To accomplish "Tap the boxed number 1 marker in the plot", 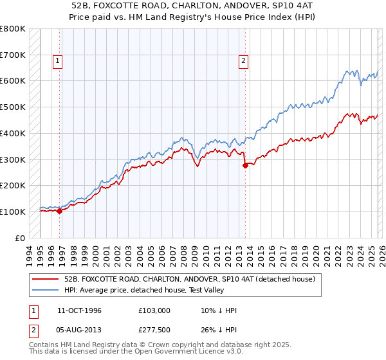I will [58, 61].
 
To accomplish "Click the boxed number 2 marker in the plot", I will [244, 61].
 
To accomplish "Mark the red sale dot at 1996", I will [59, 210].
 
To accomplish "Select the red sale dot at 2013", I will [244, 165].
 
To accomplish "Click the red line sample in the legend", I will [46, 279].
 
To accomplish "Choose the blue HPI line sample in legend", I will [46, 291].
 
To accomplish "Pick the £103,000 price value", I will [154, 310].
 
